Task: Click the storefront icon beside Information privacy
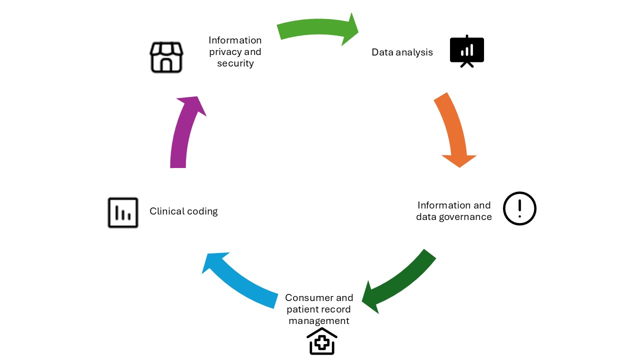coord(166,57)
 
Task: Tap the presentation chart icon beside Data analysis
coord(467,51)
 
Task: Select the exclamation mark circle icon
coord(519,208)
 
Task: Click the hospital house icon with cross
coord(322,341)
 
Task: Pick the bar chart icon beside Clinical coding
coord(123,213)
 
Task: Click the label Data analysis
coord(402,52)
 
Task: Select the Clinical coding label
coord(183,211)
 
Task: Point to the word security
coord(235,63)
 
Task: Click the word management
coord(319,321)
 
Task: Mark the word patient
coord(301,309)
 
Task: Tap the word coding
coord(201,211)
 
